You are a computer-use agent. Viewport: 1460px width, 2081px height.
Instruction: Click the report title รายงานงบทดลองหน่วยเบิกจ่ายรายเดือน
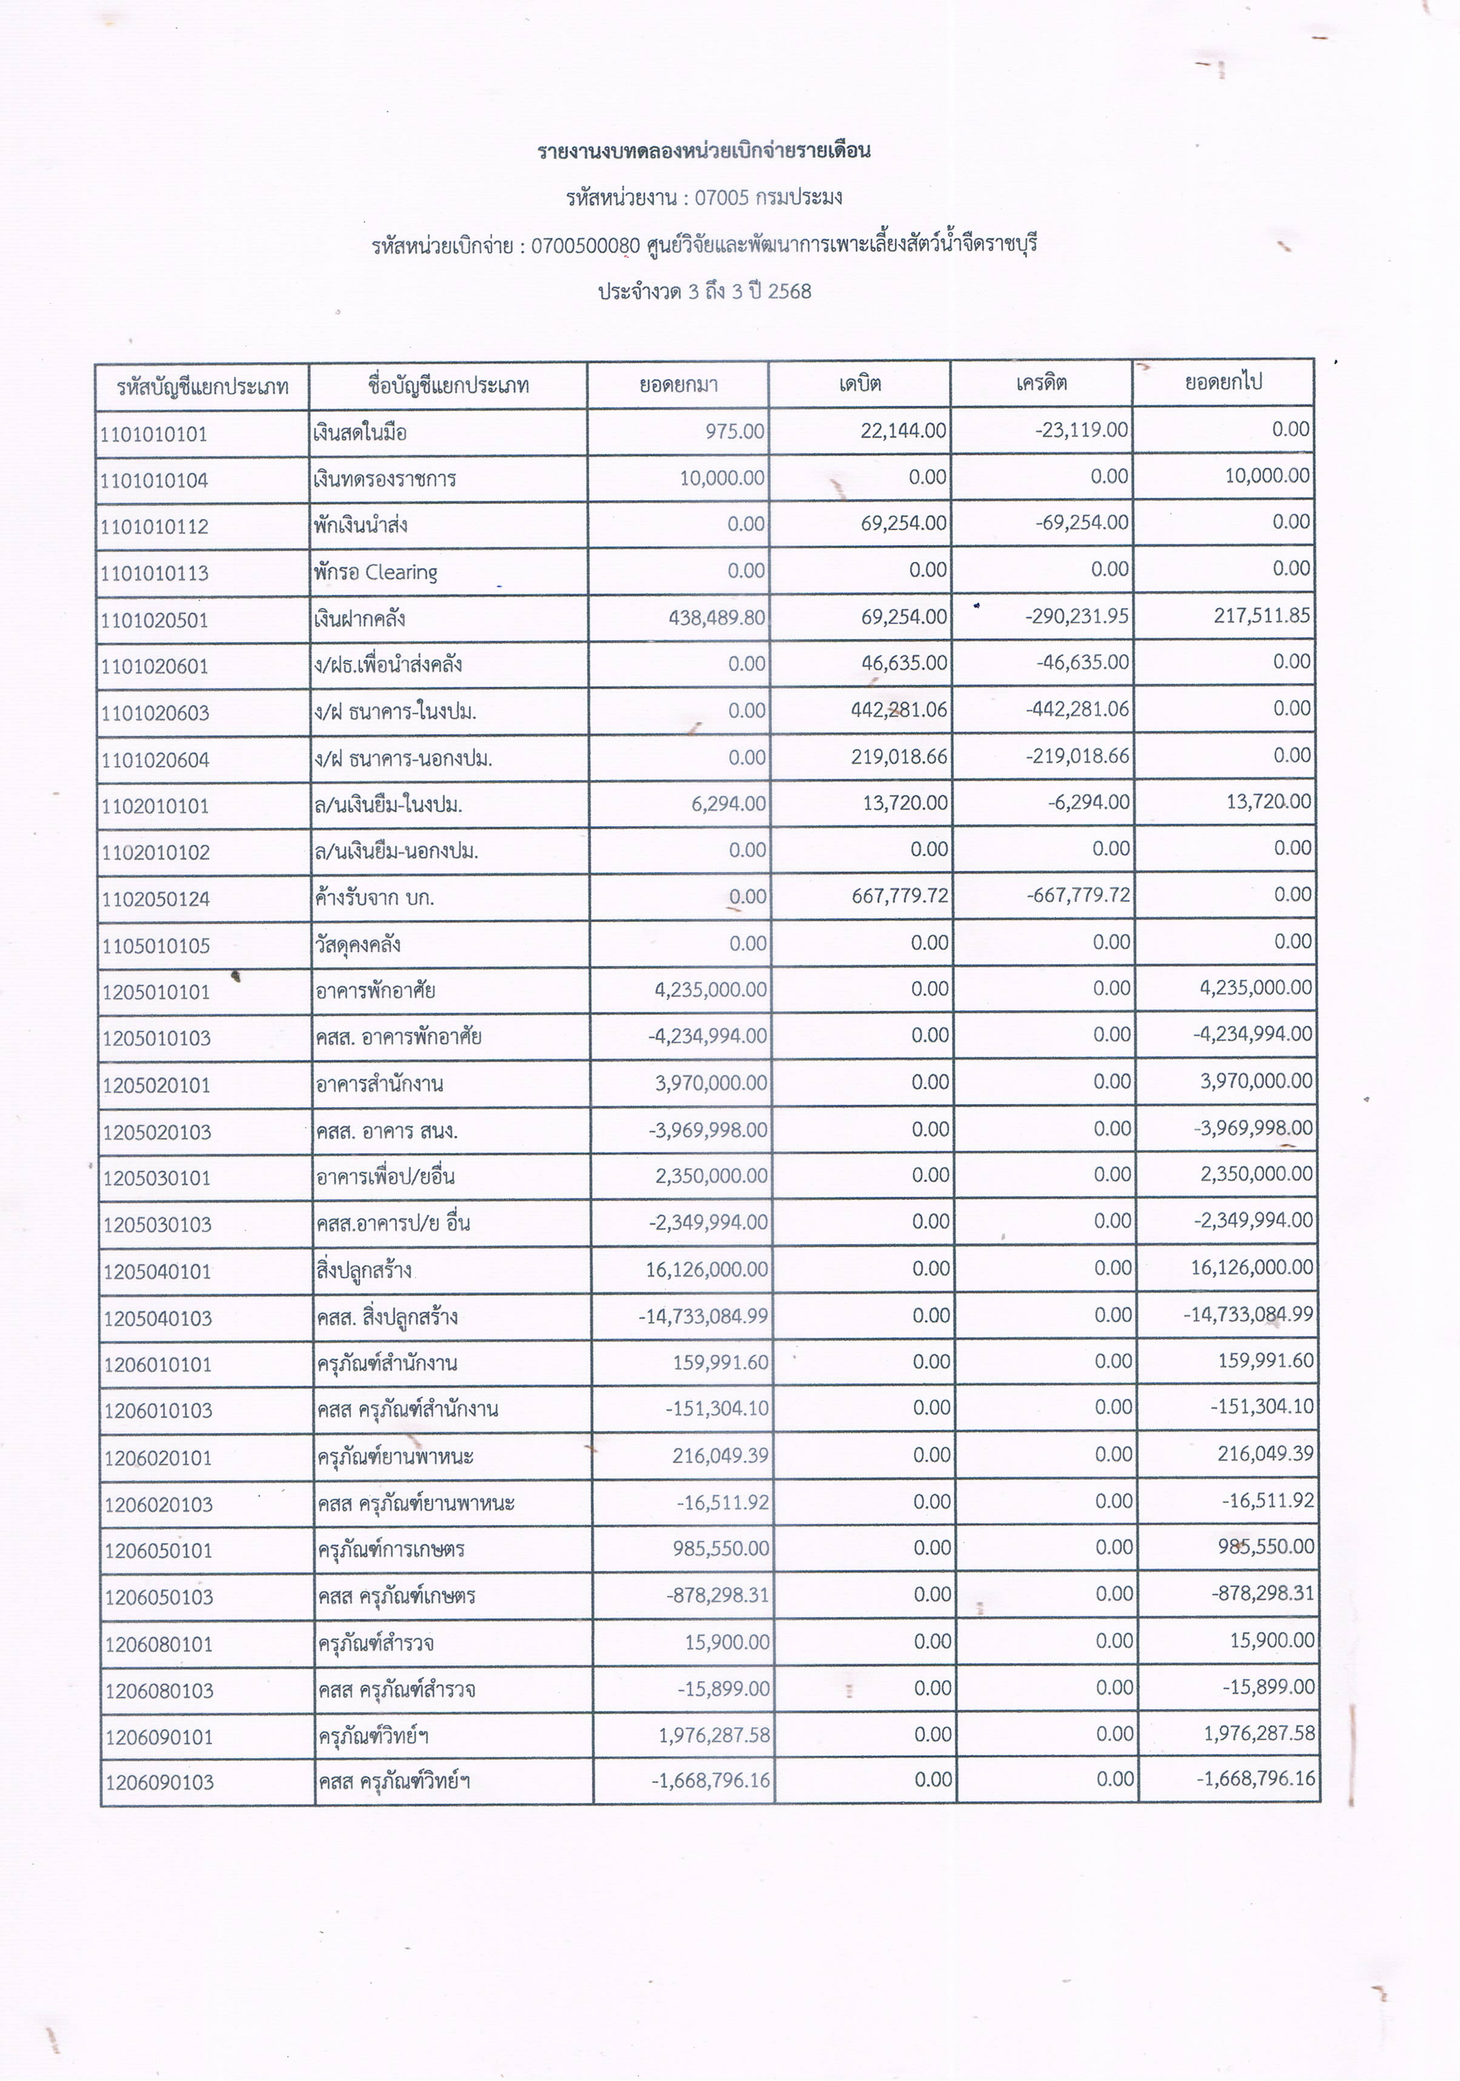(704, 150)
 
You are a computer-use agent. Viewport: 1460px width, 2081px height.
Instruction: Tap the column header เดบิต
(859, 383)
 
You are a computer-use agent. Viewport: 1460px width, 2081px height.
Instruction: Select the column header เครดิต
(1041, 383)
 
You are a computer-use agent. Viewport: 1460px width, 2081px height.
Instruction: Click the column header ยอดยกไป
(1223, 382)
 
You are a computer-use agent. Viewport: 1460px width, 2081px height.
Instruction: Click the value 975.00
(735, 431)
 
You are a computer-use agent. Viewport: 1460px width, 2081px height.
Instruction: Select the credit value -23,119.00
(1082, 429)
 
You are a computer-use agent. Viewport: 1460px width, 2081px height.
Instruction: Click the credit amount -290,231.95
(1078, 617)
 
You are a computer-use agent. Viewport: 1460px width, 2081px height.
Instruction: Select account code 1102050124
(156, 899)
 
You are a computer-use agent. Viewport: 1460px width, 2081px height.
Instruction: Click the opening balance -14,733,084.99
(703, 1316)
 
